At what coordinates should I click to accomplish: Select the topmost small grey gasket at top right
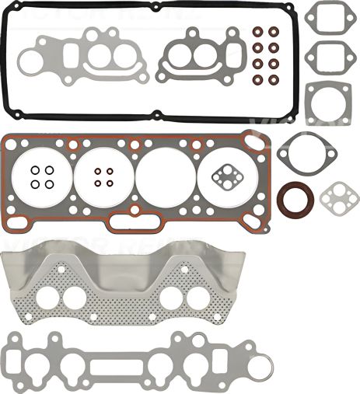(324, 16)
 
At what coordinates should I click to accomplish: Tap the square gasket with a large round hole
(325, 103)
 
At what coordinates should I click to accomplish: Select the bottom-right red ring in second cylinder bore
(109, 183)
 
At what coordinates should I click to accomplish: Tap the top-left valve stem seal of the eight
(257, 33)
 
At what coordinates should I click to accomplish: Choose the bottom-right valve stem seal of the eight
(273, 79)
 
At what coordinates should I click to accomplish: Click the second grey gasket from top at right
(324, 55)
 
